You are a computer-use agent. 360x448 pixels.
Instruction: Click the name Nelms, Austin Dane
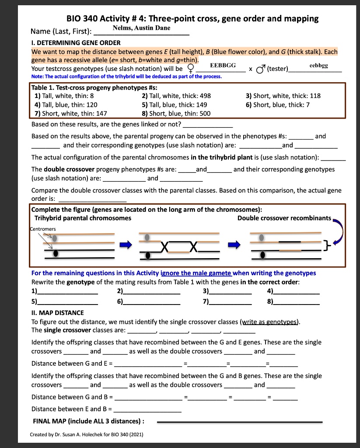[141, 28]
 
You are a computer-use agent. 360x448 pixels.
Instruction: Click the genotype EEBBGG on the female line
[223, 65]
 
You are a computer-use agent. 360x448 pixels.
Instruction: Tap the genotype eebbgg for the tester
[318, 65]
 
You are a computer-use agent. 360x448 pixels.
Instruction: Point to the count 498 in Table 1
[205, 96]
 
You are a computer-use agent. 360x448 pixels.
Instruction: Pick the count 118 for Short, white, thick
[315, 96]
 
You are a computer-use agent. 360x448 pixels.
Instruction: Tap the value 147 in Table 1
[101, 113]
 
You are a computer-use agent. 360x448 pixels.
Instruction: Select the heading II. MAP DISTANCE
[57, 312]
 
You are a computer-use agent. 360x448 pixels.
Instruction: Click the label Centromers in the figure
[43, 228]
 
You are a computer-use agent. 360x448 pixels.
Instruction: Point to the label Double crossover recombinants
[284, 218]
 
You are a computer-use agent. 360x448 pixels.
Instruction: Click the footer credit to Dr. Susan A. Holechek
[86, 434]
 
